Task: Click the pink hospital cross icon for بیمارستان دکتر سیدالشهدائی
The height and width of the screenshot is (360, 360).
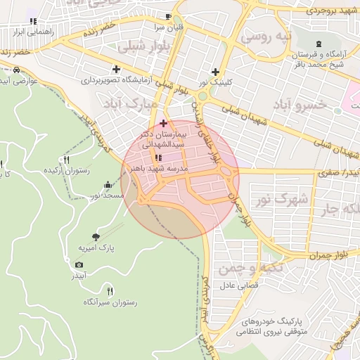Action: pyautogui.click(x=164, y=123)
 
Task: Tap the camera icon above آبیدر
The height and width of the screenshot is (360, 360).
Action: pyautogui.click(x=79, y=264)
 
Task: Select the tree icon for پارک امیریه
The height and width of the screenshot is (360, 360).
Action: pyautogui.click(x=96, y=237)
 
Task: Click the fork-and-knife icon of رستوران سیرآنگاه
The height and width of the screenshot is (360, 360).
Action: pyautogui.click(x=109, y=291)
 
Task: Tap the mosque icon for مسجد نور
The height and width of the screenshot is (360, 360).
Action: pyautogui.click(x=107, y=185)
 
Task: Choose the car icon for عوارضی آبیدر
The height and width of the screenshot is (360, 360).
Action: pyautogui.click(x=15, y=70)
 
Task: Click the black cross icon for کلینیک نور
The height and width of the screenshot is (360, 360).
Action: pyautogui.click(x=214, y=72)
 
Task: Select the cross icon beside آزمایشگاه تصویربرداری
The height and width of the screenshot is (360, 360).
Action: pyautogui.click(x=116, y=70)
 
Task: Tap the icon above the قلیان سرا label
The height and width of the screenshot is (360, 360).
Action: pyautogui.click(x=168, y=17)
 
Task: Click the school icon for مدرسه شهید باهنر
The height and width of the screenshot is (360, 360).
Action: pyautogui.click(x=157, y=157)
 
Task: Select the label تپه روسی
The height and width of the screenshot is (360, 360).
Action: pyautogui.click(x=265, y=36)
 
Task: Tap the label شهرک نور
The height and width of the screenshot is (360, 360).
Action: pyautogui.click(x=282, y=200)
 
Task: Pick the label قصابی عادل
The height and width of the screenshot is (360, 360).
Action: pyautogui.click(x=241, y=285)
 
